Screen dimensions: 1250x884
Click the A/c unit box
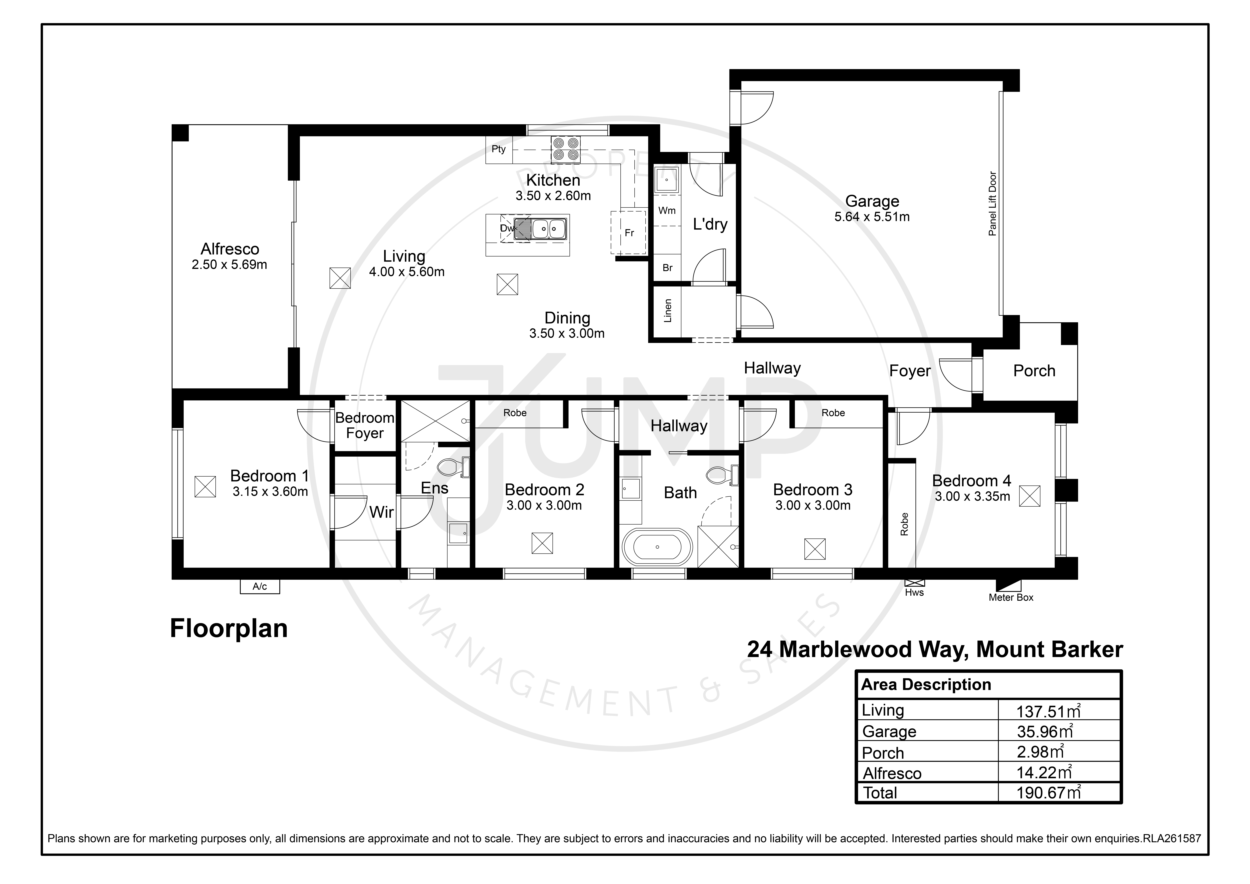coord(260,586)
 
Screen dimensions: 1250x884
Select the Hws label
coord(915,593)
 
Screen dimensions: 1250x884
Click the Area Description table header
coord(926,685)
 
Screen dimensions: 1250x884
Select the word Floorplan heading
coord(229,629)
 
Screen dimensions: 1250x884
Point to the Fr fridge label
coord(629,233)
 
